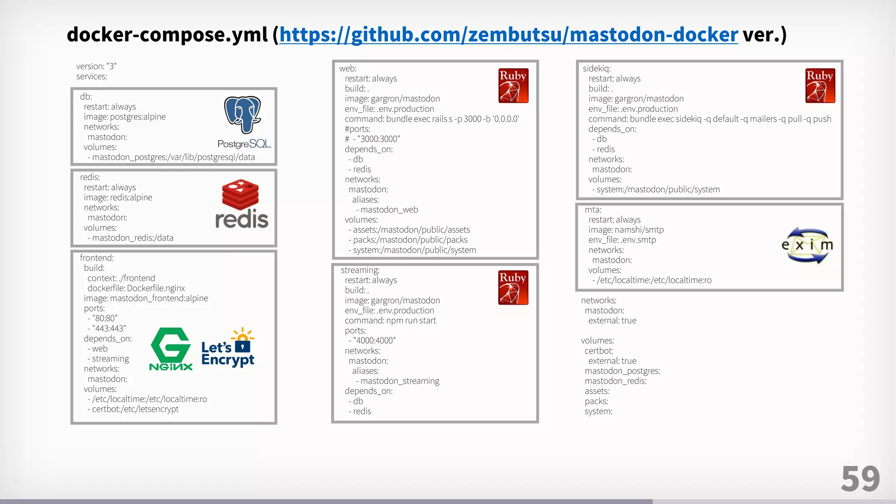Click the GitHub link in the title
tap(508, 35)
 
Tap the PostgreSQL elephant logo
tap(243, 115)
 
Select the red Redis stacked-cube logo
tap(240, 194)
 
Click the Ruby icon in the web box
tap(513, 86)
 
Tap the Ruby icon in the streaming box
tap(513, 287)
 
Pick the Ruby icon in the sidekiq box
tap(820, 86)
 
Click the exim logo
tap(807, 245)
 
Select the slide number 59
tap(860, 479)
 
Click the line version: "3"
tap(96, 66)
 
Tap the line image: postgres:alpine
tap(125, 117)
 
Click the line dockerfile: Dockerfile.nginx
tap(136, 288)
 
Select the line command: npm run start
tap(390, 321)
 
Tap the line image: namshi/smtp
tap(626, 230)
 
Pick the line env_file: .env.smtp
tap(622, 240)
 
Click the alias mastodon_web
tap(389, 210)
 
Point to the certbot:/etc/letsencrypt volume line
tap(135, 409)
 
